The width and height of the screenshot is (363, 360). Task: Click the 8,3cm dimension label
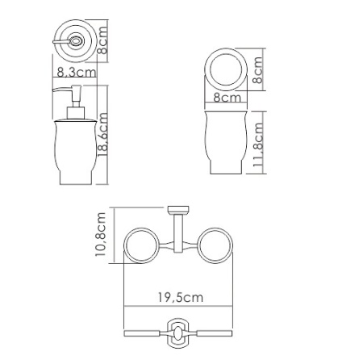click(76, 72)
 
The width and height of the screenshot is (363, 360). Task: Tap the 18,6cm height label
click(102, 134)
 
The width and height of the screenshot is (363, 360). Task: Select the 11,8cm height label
click(258, 144)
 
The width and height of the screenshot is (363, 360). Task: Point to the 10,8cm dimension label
click(101, 234)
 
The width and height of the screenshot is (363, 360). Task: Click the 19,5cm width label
click(180, 298)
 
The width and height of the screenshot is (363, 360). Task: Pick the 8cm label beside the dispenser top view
click(102, 40)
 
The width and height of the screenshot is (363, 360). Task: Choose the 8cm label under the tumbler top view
click(227, 97)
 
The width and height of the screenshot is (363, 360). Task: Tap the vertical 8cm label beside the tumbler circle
click(257, 70)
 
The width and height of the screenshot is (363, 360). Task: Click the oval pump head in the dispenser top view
click(77, 42)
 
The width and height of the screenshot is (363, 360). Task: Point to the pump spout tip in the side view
click(53, 90)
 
